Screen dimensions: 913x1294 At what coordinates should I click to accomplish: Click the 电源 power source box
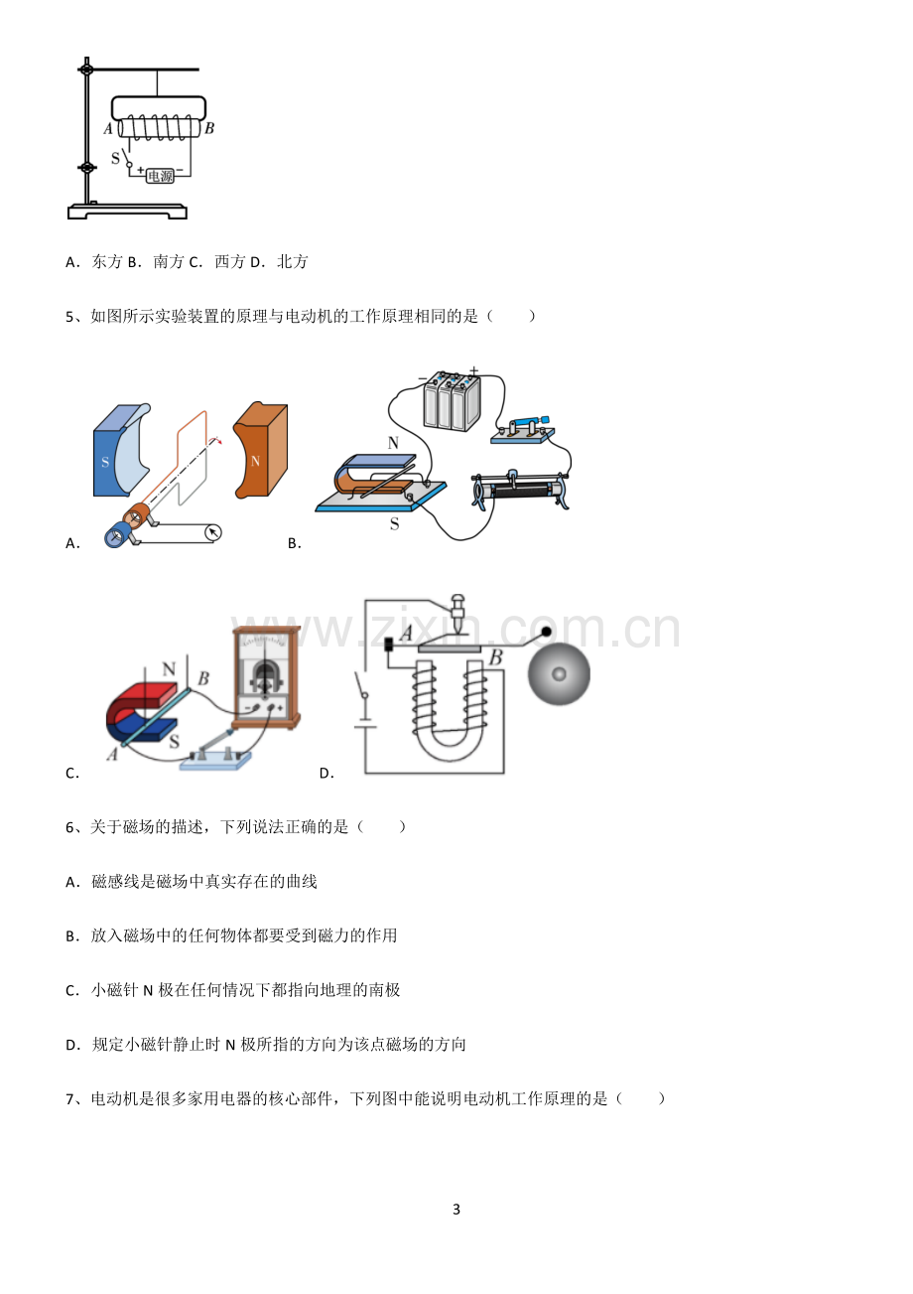coord(160,175)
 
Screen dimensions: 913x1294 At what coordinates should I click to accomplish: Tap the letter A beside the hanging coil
coord(108,129)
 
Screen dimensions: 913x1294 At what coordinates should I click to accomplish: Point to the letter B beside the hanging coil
coord(209,128)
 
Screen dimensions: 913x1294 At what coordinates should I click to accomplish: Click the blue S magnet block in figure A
coord(122,450)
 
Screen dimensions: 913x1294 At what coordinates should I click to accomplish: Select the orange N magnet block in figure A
coord(261,450)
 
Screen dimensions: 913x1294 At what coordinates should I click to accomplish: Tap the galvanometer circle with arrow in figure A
coord(213,532)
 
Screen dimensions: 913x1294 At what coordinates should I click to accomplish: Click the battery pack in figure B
coord(452,402)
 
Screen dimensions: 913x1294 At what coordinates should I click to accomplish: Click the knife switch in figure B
coord(523,430)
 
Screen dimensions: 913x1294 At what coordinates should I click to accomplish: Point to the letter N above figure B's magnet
coord(393,443)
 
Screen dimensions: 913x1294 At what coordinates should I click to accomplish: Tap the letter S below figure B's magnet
coord(395,524)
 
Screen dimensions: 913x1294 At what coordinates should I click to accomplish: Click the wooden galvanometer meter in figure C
coord(266,677)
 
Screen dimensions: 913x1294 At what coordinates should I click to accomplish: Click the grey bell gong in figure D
coord(559,673)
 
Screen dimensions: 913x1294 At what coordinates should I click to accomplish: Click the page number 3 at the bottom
coord(456,1209)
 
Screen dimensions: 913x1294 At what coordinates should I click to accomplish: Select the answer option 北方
coord(293,262)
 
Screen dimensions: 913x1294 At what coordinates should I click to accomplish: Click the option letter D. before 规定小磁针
coord(72,1045)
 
